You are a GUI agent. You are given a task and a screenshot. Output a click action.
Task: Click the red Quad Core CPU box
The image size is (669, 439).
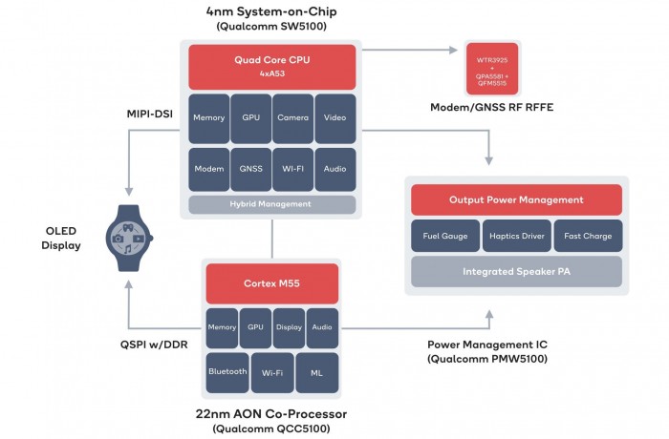pyautogui.click(x=272, y=66)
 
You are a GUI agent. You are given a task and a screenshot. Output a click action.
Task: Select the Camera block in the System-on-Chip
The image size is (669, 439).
pyautogui.click(x=292, y=118)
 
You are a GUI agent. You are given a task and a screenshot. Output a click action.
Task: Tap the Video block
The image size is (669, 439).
pyautogui.click(x=334, y=118)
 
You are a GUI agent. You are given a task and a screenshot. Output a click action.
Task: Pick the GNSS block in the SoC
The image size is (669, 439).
pyautogui.click(x=251, y=168)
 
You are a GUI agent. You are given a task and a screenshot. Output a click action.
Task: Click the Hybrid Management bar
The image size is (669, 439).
pyautogui.click(x=272, y=204)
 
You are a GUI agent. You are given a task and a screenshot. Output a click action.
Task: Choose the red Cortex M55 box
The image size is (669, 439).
pyautogui.click(x=272, y=283)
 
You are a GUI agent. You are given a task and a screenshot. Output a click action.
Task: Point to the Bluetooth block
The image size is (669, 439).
pyautogui.click(x=227, y=371)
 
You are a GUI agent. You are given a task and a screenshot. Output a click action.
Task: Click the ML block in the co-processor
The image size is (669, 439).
pyautogui.click(x=316, y=371)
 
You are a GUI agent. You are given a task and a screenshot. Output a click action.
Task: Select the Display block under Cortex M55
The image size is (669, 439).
pyautogui.click(x=289, y=327)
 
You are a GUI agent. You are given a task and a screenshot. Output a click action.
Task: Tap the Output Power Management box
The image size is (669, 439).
pyautogui.click(x=516, y=199)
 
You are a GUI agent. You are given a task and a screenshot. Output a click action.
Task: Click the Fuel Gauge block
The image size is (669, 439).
pyautogui.click(x=438, y=236)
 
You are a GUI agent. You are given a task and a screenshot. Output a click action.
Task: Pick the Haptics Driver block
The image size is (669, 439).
pyautogui.click(x=516, y=236)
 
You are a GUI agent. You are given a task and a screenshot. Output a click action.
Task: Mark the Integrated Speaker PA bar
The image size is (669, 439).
pyautogui.click(x=516, y=272)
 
